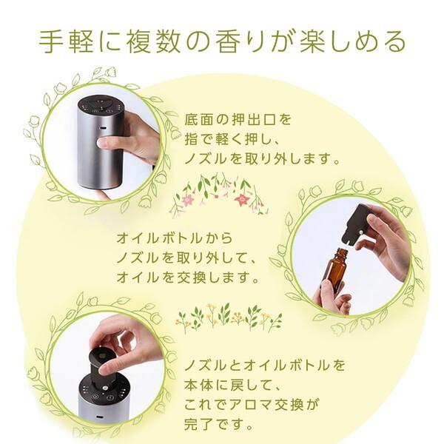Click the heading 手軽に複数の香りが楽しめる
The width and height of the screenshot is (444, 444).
[222, 42]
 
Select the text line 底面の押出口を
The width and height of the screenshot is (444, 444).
[238, 119]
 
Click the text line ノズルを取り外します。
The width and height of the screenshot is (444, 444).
[262, 159]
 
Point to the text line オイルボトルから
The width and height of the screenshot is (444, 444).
[175, 238]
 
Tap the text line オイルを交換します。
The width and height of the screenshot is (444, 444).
[188, 277]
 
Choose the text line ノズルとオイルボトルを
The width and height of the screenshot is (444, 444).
[265, 366]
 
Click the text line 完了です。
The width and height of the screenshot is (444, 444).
[218, 424]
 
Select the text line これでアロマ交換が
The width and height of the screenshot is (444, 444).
[252, 404]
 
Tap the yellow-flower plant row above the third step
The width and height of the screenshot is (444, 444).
[229, 317]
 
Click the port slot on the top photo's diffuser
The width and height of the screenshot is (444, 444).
[103, 128]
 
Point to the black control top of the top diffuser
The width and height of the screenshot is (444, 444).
[101, 106]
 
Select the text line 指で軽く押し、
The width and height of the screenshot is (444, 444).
[232, 139]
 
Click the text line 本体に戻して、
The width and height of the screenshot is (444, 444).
[232, 385]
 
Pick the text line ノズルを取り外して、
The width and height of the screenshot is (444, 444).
[186, 258]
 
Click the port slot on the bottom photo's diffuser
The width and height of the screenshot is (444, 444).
[99, 417]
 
